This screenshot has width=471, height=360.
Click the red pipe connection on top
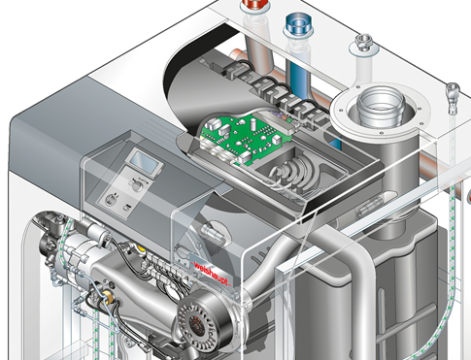(x=254, y=8)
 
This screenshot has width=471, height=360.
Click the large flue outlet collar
(x=381, y=108)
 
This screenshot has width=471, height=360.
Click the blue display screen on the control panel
(x=145, y=161)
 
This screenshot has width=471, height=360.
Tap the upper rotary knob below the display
(x=137, y=185)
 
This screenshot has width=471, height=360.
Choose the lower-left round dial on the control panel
(x=111, y=199)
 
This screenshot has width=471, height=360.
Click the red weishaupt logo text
(x=212, y=274)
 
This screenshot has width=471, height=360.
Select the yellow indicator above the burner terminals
(x=141, y=247)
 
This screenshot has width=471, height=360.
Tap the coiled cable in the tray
(x=293, y=173)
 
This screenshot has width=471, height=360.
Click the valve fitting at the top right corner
(x=453, y=95)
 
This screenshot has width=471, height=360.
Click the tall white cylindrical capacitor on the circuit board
(x=253, y=122)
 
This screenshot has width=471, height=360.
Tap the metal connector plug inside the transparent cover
(x=213, y=232)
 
